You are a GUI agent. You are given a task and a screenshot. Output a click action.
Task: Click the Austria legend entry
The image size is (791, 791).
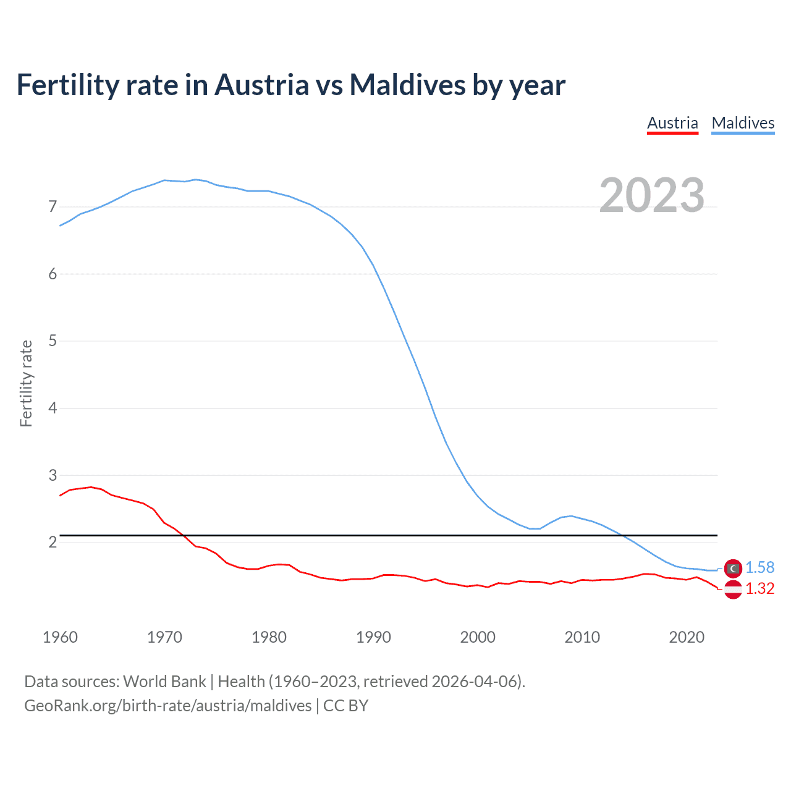point(672,123)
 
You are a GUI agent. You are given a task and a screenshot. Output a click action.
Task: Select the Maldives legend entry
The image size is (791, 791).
point(743,123)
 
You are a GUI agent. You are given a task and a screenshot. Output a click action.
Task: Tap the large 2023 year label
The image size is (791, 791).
point(652,195)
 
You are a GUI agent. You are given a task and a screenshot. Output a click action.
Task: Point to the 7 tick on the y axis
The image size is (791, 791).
point(53,206)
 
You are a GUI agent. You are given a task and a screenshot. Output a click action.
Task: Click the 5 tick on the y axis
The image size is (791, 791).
point(53,341)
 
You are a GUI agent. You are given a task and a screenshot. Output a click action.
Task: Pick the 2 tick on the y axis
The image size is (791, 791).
point(53,542)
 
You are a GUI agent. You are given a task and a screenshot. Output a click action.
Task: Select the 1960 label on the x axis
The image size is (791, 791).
point(60,637)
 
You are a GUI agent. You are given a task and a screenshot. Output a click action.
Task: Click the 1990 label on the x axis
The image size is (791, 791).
point(373,637)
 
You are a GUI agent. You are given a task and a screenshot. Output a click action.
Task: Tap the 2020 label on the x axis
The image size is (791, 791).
point(687,637)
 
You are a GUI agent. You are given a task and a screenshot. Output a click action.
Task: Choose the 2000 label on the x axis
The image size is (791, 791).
point(478,637)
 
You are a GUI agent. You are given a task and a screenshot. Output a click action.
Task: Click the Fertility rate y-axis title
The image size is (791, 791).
point(26,383)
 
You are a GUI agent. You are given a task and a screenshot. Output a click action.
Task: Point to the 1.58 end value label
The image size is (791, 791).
point(759,567)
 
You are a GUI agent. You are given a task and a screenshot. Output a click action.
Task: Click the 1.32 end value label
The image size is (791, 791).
point(759,589)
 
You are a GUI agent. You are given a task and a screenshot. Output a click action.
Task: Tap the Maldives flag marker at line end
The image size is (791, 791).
point(733,568)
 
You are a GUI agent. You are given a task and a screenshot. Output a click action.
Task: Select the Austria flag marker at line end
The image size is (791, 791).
point(733,590)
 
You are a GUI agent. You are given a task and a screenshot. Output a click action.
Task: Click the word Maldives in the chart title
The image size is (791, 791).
point(408,85)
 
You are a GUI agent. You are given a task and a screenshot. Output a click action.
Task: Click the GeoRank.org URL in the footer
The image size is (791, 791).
point(167,706)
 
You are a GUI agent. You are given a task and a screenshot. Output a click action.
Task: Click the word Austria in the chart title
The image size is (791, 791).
point(261,85)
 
